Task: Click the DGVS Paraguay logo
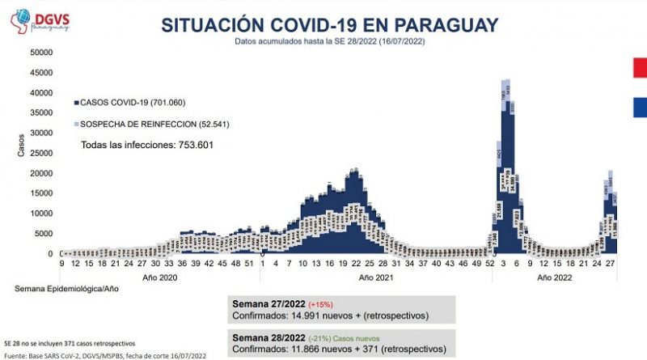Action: tap(36, 21)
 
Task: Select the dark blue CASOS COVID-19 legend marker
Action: tap(76, 103)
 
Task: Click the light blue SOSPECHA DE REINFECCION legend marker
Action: tap(76, 124)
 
